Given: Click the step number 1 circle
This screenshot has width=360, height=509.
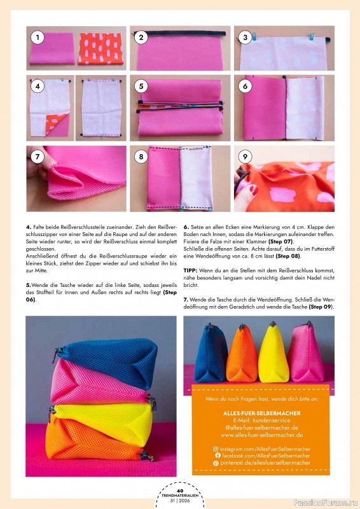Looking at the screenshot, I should point(38,38).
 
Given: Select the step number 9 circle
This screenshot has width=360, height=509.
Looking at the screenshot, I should point(244,156).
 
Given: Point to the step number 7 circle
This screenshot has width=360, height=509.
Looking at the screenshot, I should point(38,156).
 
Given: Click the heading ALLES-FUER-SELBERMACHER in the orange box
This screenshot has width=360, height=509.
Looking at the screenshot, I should point(261,413).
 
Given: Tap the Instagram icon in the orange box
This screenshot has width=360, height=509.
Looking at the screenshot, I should point(216,449).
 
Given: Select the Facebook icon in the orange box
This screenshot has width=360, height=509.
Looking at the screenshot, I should point(216,456).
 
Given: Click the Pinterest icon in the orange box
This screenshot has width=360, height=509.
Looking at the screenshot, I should point(216,463).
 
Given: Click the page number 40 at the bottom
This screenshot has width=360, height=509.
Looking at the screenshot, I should point(180,491).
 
